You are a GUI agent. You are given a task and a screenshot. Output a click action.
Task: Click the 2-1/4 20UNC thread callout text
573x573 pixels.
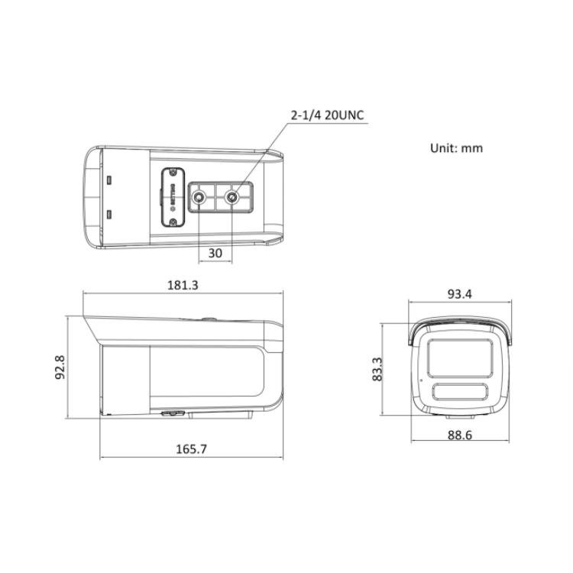click(x=327, y=116)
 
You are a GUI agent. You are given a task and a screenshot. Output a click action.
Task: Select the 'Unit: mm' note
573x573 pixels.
click(x=457, y=148)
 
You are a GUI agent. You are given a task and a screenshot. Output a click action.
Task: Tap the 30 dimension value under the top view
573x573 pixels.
click(x=215, y=253)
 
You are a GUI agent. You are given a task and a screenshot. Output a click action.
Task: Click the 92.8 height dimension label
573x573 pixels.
click(x=70, y=367)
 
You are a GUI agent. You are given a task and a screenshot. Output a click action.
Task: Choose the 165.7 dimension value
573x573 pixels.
click(x=191, y=449)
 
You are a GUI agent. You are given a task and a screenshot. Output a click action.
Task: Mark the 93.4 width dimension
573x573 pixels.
click(x=460, y=294)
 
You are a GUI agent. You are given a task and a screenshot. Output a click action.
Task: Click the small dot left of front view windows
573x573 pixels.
click(x=419, y=379)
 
